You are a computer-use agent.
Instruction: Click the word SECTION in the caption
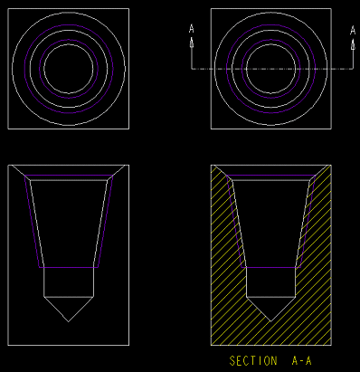(x=253, y=361)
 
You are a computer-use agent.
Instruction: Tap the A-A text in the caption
(x=302, y=361)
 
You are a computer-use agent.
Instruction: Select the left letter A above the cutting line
(x=192, y=29)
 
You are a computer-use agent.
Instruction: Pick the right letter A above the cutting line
(x=353, y=30)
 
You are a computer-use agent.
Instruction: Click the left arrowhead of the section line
(x=192, y=43)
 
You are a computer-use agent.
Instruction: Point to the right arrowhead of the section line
(x=353, y=43)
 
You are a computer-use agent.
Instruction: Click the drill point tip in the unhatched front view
(x=69, y=321)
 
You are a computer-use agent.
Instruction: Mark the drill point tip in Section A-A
(x=270, y=321)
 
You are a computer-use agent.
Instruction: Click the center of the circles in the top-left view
(x=69, y=69)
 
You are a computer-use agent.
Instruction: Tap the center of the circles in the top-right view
(x=271, y=69)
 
